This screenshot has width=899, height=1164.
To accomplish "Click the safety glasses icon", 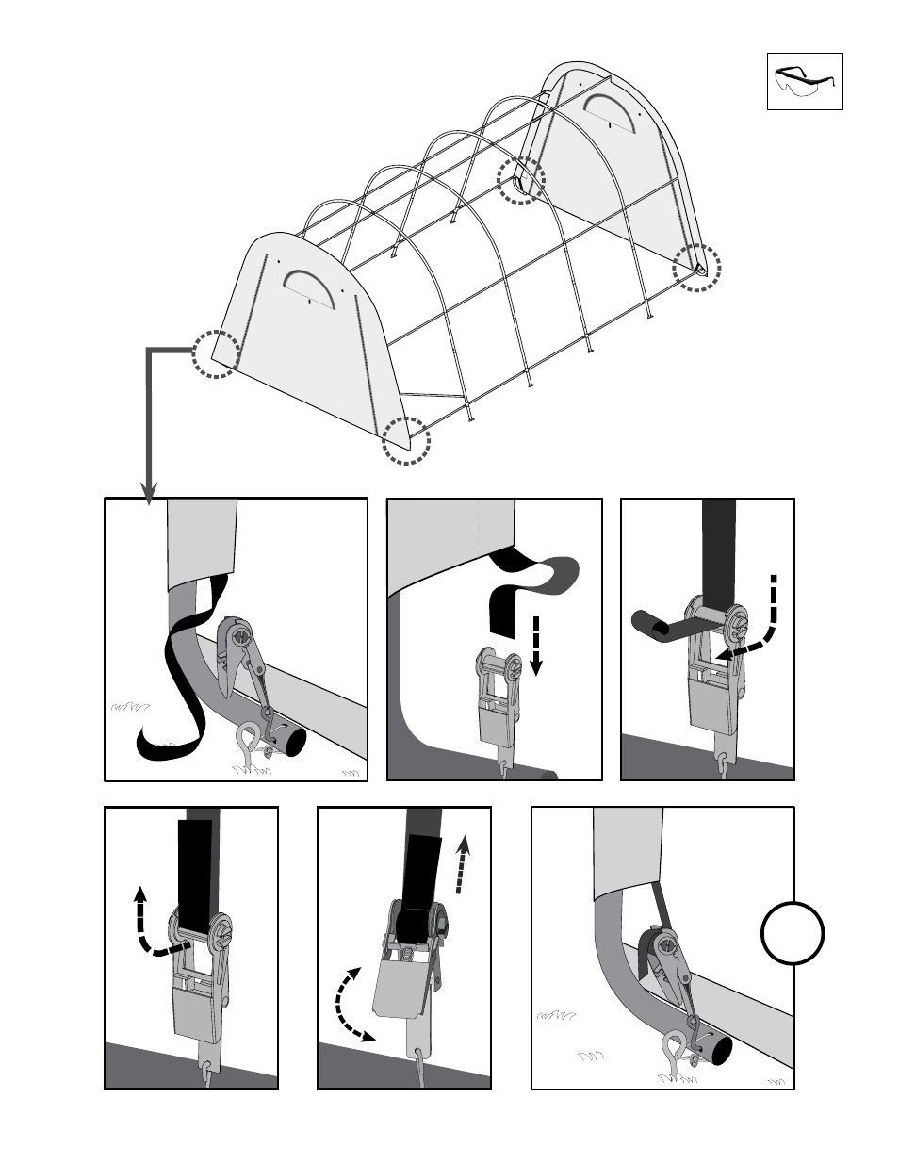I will pyautogui.click(x=804, y=82).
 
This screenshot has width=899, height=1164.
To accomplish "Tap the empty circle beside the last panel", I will pyautogui.click(x=793, y=933).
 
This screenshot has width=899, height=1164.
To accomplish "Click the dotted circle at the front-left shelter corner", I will pyautogui.click(x=217, y=354).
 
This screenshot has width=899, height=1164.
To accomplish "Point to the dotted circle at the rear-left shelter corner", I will pyautogui.click(x=521, y=180).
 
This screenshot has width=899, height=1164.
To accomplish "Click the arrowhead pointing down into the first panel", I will pyautogui.click(x=150, y=492).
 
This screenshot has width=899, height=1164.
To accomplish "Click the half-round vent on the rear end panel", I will pyautogui.click(x=610, y=108).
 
